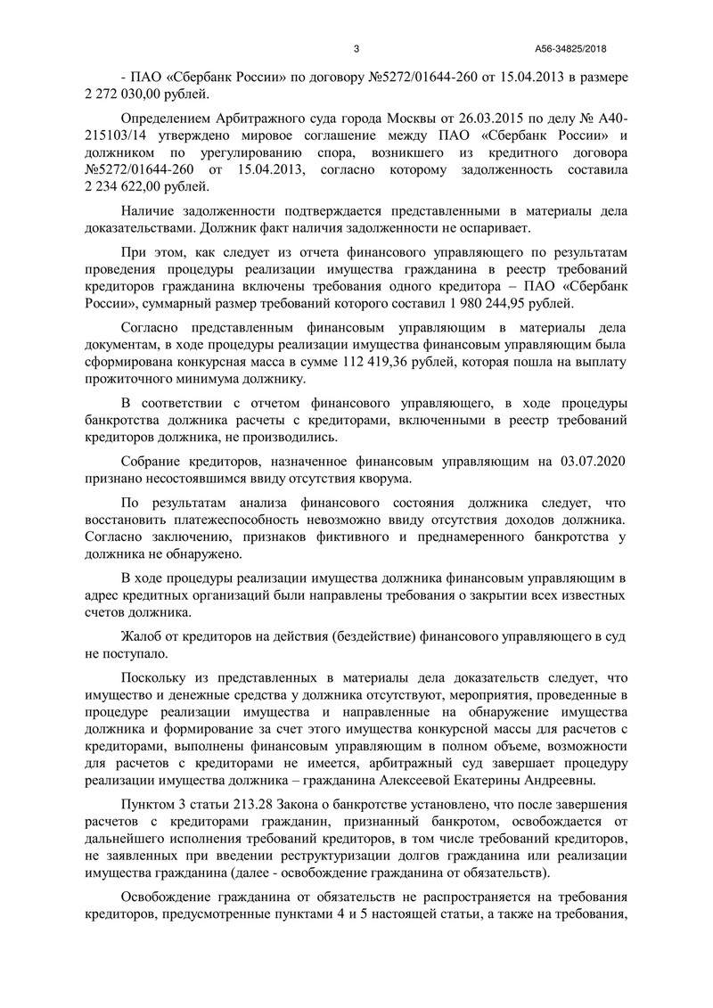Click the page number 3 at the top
pyautogui.click(x=356, y=49)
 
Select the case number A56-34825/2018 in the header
pyautogui.click(x=578, y=49)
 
